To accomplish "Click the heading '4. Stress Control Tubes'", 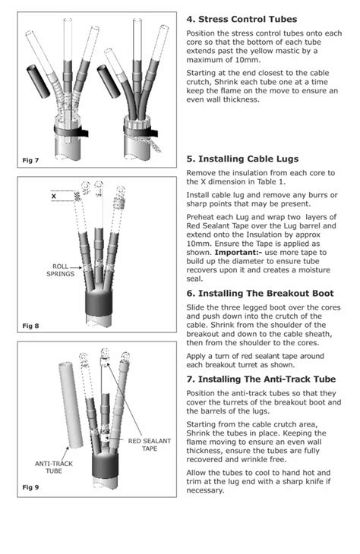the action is [x=242, y=19].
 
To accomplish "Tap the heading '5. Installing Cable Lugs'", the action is [x=242, y=159].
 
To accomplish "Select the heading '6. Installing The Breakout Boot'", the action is [x=260, y=293].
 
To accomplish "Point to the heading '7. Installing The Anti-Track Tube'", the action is [x=261, y=379].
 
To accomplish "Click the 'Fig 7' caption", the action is [x=30, y=160].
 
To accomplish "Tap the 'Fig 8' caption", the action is [x=30, y=326].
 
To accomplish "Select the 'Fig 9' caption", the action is [x=30, y=487].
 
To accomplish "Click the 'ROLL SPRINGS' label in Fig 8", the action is [x=61, y=270].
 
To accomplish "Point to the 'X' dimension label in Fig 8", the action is [x=54, y=196].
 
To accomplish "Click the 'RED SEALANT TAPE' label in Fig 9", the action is [x=149, y=445].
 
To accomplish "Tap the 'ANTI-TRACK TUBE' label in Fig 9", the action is [x=54, y=467].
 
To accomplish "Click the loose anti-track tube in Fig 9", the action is [x=71, y=405].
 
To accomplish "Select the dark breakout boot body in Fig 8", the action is [x=99, y=303].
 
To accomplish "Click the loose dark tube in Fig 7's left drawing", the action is [x=39, y=81].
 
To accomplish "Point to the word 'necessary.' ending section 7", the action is [x=206, y=490].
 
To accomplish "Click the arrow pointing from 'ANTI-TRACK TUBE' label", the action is [x=65, y=452].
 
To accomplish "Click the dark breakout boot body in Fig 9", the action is [x=105, y=465].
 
